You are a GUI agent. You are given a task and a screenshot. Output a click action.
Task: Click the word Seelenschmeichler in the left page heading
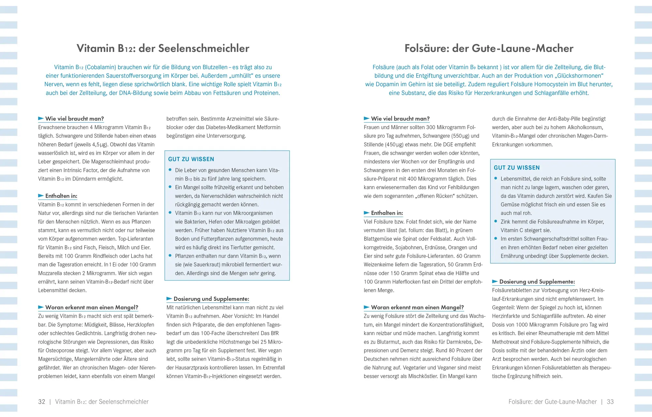[203, 48]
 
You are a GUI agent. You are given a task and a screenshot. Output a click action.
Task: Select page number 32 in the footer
[42, 402]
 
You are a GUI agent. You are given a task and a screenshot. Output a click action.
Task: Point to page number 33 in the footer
[610, 402]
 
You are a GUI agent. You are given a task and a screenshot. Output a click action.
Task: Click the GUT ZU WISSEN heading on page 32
[191, 159]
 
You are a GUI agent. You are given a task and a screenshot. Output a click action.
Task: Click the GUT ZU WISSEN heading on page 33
[517, 168]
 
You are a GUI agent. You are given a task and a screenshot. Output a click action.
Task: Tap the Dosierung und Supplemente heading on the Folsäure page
[537, 281]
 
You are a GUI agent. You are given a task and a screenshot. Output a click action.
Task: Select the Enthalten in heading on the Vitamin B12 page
[61, 196]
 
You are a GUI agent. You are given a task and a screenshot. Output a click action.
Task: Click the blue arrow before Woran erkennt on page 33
[366, 307]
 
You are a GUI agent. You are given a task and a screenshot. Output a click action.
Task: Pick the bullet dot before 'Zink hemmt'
[496, 221]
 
